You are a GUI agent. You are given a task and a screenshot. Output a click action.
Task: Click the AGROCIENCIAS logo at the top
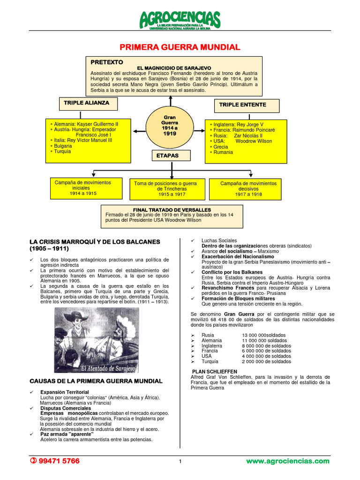coord(180,19)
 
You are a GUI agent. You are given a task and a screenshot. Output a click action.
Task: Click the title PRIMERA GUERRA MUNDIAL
coord(180,47)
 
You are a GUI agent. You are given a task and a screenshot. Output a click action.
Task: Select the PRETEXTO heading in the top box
coord(107,62)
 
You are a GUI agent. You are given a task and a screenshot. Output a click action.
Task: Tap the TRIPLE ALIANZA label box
coord(87,103)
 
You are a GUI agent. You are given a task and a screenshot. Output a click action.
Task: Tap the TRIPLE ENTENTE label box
coord(243,105)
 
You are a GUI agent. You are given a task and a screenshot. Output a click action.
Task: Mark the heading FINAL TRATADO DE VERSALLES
coord(172,210)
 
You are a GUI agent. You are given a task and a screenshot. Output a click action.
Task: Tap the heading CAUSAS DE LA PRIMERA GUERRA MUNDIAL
coord(96,381)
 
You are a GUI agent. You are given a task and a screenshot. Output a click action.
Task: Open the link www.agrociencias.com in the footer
coord(288,461)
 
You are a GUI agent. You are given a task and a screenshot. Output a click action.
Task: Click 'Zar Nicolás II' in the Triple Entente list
coord(251,135)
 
